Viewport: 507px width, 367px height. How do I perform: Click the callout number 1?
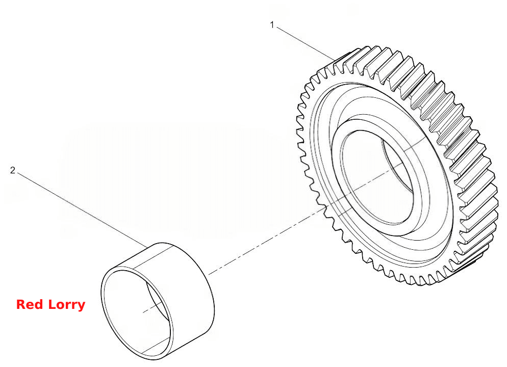tap(272, 25)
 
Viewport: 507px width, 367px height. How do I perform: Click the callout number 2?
tap(13, 170)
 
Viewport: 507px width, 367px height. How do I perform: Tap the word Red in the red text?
tap(30, 304)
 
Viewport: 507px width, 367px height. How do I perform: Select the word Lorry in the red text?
tap(67, 305)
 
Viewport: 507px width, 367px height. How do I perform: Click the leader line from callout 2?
tap(83, 211)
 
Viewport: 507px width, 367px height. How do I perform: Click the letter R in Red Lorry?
tap(21, 304)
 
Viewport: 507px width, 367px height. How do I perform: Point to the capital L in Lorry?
tap(52, 304)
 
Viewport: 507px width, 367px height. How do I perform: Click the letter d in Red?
tap(40, 304)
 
